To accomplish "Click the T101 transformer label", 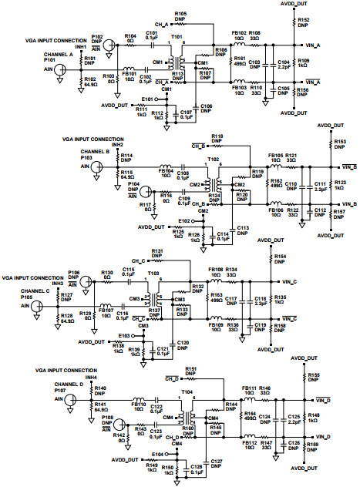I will (x=177, y=36).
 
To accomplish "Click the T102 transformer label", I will (x=214, y=160).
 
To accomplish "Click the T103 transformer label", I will (x=153, y=274).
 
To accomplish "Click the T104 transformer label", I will (x=187, y=391).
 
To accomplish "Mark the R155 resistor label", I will (x=313, y=376).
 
